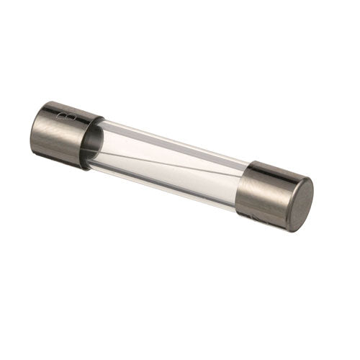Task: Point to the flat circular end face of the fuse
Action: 301,204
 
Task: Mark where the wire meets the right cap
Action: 240,175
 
